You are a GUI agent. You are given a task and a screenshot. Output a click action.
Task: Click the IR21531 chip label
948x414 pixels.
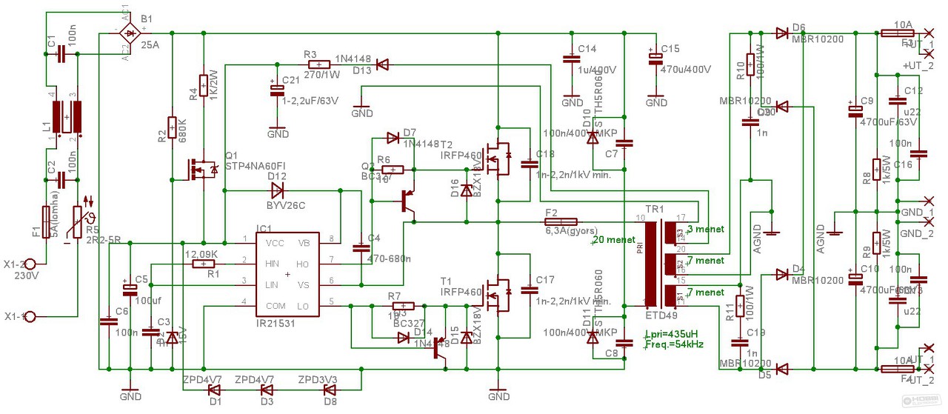(284, 323)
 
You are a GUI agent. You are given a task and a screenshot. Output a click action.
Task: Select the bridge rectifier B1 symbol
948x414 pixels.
(131, 33)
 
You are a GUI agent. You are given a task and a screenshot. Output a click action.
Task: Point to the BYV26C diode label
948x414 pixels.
(286, 204)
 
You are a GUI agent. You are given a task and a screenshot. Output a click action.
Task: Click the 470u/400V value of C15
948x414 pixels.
(686, 69)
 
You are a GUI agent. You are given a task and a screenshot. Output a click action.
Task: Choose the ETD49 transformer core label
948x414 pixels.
(662, 313)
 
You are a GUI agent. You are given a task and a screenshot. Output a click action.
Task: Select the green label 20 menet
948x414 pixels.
(614, 239)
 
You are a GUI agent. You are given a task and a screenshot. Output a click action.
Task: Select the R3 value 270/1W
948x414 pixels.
(320, 74)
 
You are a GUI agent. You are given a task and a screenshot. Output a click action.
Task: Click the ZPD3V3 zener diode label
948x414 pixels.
(318, 379)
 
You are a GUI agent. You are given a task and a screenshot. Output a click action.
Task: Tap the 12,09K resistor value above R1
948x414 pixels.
(201, 254)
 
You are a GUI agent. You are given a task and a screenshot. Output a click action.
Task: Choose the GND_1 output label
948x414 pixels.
(917, 211)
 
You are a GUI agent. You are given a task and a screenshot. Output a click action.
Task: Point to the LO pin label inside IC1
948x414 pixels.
(303, 305)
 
